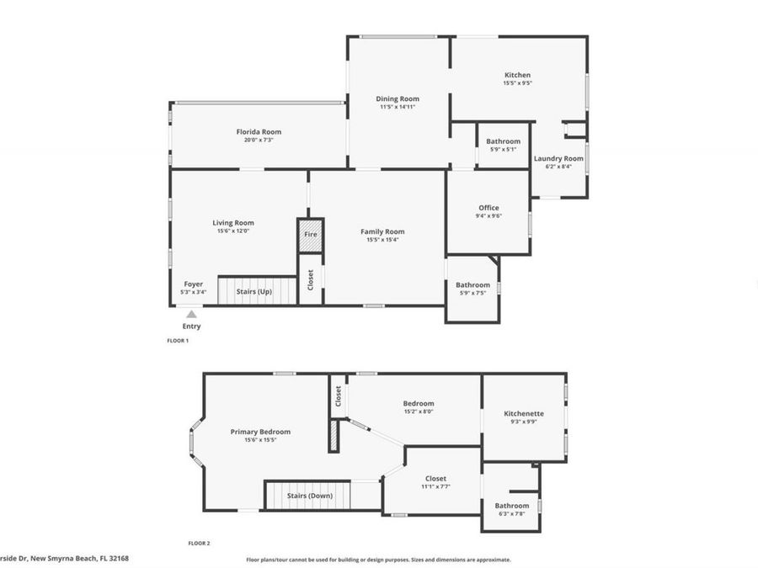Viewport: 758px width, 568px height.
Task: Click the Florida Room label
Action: point(259,131)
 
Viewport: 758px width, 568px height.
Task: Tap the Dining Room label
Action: point(398,98)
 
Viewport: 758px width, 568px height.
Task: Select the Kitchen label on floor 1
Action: point(517,75)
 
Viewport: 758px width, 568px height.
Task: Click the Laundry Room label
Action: point(558,158)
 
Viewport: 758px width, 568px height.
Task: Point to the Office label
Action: point(488,208)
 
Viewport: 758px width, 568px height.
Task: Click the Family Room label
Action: point(382,231)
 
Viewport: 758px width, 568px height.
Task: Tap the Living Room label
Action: point(232,223)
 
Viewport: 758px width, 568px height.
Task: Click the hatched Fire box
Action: point(311,236)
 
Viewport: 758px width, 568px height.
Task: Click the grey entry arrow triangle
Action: point(192,314)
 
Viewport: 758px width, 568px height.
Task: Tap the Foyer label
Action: point(194,284)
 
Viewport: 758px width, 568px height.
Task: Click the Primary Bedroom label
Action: point(260,432)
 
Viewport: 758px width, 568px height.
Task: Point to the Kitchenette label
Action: point(524,413)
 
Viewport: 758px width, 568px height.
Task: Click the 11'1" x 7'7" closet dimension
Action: point(435,486)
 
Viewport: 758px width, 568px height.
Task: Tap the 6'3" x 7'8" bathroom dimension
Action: point(512,513)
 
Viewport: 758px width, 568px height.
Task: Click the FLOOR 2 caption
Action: point(199,543)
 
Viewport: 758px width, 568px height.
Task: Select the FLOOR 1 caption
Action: point(178,341)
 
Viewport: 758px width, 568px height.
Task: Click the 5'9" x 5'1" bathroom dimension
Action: point(503,149)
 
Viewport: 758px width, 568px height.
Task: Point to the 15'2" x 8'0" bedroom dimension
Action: point(419,411)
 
